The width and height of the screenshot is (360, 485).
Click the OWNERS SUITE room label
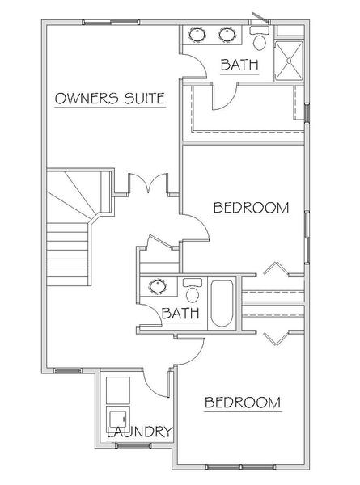(x=110, y=99)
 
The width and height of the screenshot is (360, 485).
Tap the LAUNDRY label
(x=139, y=432)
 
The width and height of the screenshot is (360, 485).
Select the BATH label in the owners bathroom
(x=239, y=65)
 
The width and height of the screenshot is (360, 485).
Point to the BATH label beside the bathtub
(x=180, y=314)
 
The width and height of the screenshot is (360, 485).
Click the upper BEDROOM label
(x=251, y=208)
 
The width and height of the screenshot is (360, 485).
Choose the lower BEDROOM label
(x=243, y=403)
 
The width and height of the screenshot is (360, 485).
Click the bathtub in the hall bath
(x=222, y=303)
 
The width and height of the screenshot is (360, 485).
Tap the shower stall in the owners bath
(x=289, y=61)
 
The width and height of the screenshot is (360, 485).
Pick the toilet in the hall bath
(x=193, y=291)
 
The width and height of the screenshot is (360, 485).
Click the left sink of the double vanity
(x=197, y=35)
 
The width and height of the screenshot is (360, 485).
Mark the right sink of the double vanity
(x=227, y=35)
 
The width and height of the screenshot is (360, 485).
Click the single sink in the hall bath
(x=158, y=286)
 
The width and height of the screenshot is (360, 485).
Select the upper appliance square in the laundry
(x=117, y=390)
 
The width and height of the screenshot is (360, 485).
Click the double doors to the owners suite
(x=148, y=183)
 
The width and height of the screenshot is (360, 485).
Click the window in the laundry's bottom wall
(x=133, y=445)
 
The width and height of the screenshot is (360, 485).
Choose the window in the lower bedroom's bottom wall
(x=240, y=475)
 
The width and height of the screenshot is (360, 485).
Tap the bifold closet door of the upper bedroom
(x=276, y=268)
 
